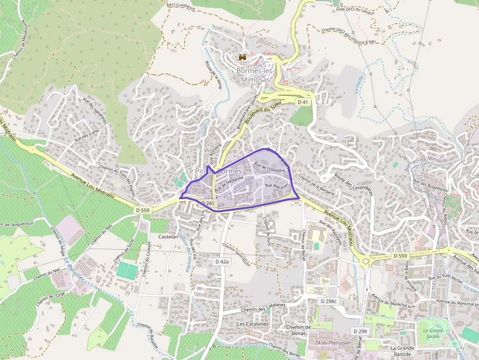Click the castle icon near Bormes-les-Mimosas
pos(242,57)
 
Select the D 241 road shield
pos(208,203)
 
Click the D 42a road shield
pos(222,262)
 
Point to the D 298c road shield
pos(329,301)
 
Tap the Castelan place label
pos(169,236)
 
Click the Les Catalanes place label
pos(253,324)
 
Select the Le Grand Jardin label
pos(433,333)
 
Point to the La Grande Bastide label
pos(402,351)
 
